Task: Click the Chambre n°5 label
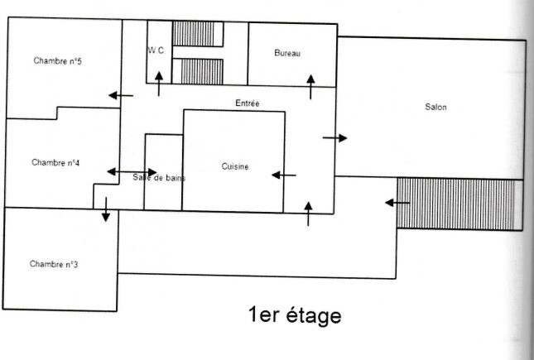(57, 60)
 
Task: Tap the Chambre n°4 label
(55, 162)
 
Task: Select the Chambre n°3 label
(54, 264)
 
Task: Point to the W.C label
(156, 50)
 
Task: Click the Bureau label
(287, 53)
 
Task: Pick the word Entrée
(248, 103)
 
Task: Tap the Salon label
(435, 107)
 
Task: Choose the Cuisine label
(235, 166)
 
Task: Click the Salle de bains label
(159, 178)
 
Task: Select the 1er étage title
(294, 315)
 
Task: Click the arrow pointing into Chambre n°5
(121, 95)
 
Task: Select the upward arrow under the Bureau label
(311, 85)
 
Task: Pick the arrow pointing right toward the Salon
(334, 137)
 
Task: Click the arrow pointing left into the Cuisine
(284, 175)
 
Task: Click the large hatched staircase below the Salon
(459, 204)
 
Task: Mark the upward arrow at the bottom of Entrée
(309, 214)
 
